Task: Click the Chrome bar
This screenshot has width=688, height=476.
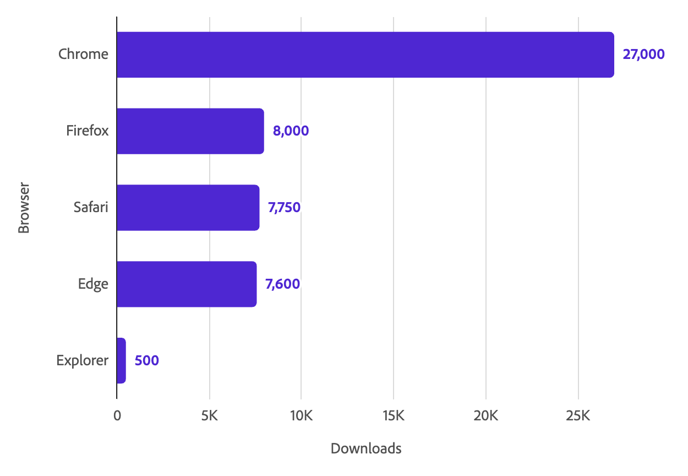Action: pyautogui.click(x=365, y=55)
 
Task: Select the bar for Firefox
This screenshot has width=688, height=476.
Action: pyautogui.click(x=190, y=131)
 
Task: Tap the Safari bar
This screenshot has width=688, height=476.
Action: pyautogui.click(x=188, y=208)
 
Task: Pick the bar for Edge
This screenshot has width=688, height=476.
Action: pyautogui.click(x=187, y=284)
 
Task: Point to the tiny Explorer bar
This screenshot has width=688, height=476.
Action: pyautogui.click(x=121, y=361)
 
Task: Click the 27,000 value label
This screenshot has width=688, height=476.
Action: pyautogui.click(x=643, y=55)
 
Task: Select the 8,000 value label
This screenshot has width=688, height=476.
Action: pyautogui.click(x=291, y=131)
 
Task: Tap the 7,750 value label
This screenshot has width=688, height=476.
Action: pyautogui.click(x=284, y=208)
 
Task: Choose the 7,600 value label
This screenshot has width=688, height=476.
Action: pyautogui.click(x=282, y=284)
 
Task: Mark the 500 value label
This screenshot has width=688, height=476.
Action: pyautogui.click(x=146, y=361)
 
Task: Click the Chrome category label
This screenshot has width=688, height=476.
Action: pyautogui.click(x=83, y=55)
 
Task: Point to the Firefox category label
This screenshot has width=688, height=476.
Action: pyautogui.click(x=87, y=131)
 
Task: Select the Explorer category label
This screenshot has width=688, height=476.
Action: pyautogui.click(x=82, y=361)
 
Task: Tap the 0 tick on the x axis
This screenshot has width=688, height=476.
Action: pyautogui.click(x=117, y=416)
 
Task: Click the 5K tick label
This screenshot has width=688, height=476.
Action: pyautogui.click(x=209, y=416)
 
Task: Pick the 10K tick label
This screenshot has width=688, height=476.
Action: pyautogui.click(x=301, y=416)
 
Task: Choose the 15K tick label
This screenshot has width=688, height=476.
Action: pyautogui.click(x=394, y=416)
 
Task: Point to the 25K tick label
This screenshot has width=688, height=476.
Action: pyautogui.click(x=578, y=416)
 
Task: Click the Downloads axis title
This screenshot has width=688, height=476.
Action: pyautogui.click(x=366, y=448)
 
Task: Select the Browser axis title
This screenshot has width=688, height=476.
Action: pyautogui.click(x=24, y=208)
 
